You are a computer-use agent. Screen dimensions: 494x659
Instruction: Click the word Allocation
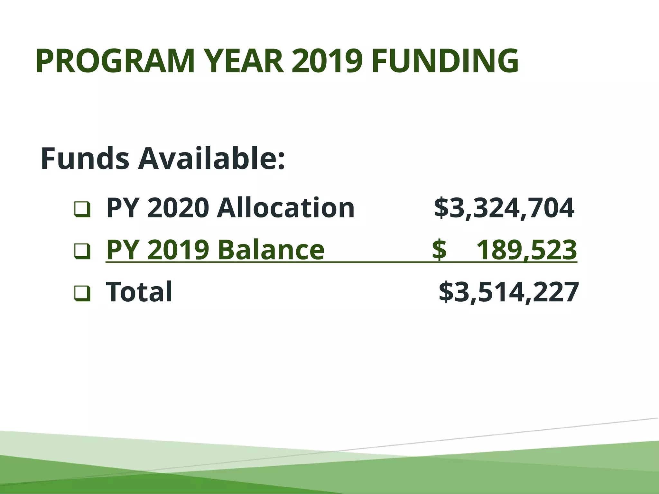coord(285,208)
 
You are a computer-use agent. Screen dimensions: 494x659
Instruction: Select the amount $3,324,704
coord(504,208)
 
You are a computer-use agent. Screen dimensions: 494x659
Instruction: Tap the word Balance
coord(271,250)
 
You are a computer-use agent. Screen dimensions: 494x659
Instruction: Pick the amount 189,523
coord(526,250)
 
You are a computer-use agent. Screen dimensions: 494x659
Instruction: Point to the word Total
coord(139,291)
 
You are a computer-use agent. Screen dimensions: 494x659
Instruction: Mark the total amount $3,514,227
coord(509,292)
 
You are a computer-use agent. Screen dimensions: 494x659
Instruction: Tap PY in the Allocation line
coord(123,208)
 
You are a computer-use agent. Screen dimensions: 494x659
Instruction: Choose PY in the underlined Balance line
coord(123,250)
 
